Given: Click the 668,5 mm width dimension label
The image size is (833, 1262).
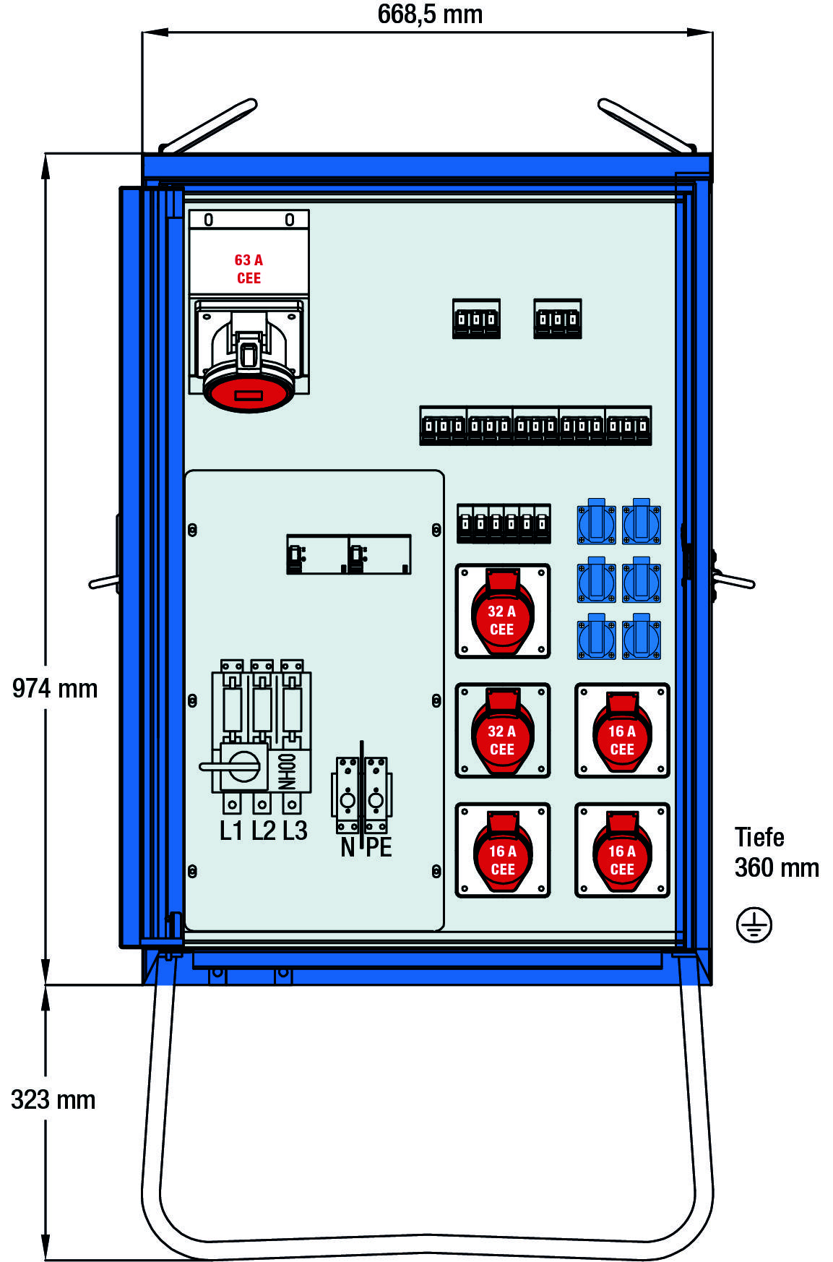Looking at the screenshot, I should [x=430, y=14].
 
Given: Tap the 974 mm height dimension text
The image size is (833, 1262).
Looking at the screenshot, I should [x=55, y=688].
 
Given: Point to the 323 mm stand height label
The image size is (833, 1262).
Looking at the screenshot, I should [x=53, y=1099].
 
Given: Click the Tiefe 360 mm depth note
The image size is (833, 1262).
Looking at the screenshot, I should [x=776, y=852].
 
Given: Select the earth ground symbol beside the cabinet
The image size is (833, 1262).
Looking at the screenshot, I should [x=754, y=925].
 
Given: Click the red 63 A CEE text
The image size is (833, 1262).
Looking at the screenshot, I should [x=249, y=269].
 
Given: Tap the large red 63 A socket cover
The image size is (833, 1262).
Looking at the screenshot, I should [x=249, y=392].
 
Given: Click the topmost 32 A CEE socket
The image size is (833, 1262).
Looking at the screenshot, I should [x=502, y=611].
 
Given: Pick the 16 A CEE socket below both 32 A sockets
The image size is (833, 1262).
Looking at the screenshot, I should [x=502, y=851].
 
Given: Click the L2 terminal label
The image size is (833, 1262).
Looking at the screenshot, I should [x=264, y=831].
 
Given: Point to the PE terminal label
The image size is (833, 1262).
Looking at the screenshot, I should [x=379, y=847].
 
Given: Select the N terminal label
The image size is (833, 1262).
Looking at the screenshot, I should [x=348, y=847].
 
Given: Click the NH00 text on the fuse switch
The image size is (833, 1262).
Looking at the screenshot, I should [x=288, y=771].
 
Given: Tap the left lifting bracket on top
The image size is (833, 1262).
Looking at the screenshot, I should [x=207, y=126].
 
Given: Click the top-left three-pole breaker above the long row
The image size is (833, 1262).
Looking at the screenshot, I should [x=476, y=319].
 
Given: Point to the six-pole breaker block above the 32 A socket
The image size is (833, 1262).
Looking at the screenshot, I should [x=504, y=523].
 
